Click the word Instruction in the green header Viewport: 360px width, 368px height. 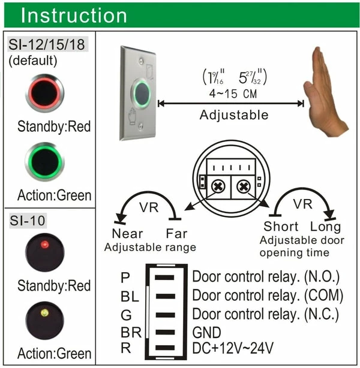tap(74, 15)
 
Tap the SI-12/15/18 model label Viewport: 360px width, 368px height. tap(47, 44)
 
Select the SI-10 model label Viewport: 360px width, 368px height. tap(28, 221)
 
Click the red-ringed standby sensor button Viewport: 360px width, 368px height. tap(44, 93)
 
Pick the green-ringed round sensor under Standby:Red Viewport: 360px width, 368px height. tap(44, 162)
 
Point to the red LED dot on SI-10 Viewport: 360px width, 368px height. tap(44, 245)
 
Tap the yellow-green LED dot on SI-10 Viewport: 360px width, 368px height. tap(44, 313)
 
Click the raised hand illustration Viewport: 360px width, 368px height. tap(325, 92)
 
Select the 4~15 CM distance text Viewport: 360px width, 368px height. tap(233, 93)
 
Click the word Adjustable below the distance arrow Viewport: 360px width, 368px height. tap(234, 115)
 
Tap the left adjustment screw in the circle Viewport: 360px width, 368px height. tap(218, 186)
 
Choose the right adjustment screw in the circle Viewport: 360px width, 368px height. tap(244, 187)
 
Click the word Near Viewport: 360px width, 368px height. tap(128, 234)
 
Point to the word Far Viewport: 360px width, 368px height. tap(176, 234)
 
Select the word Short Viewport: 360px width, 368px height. tap(281, 227)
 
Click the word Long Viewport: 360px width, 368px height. tap(325, 227)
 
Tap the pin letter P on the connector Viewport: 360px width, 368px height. tap(125, 277)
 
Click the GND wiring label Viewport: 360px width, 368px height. tap(206, 332)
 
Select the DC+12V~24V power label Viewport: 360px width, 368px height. tap(233, 348)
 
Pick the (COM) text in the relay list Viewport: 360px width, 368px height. tap(323, 295)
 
